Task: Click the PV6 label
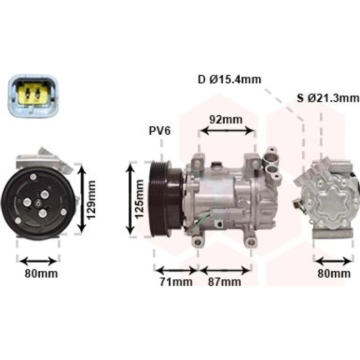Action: pos(160,131)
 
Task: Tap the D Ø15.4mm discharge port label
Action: pos(229,80)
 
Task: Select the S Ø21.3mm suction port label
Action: pos(328,98)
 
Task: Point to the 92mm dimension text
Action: pos(226,120)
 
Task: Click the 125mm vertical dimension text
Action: pos(139,199)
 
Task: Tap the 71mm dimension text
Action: pos(176,282)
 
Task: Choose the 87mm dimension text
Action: pos(225,282)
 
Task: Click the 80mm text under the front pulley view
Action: pos(41,274)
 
